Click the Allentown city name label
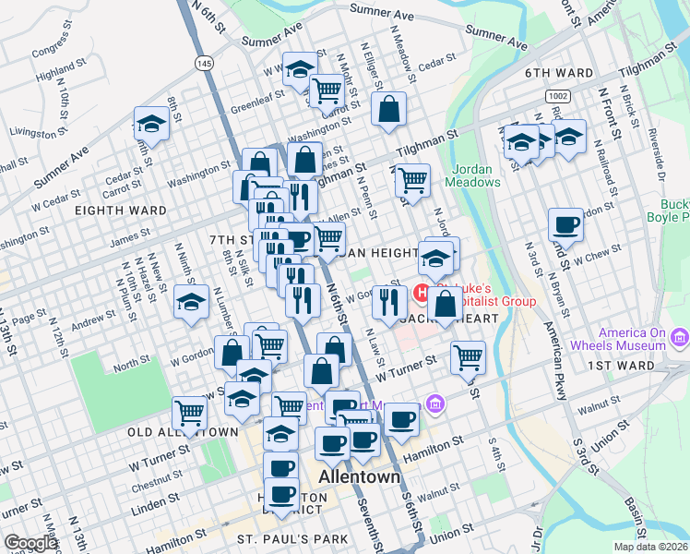(x=359, y=478)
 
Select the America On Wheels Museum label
(x=631, y=339)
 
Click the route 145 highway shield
(x=204, y=62)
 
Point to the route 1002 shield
(x=556, y=96)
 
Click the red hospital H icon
(x=422, y=295)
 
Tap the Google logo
(x=30, y=543)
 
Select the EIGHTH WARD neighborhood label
(x=121, y=211)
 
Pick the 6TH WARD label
(x=558, y=72)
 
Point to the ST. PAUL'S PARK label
(x=292, y=539)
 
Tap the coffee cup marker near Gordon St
(x=565, y=223)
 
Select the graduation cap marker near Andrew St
(x=191, y=302)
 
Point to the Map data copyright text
(x=650, y=547)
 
